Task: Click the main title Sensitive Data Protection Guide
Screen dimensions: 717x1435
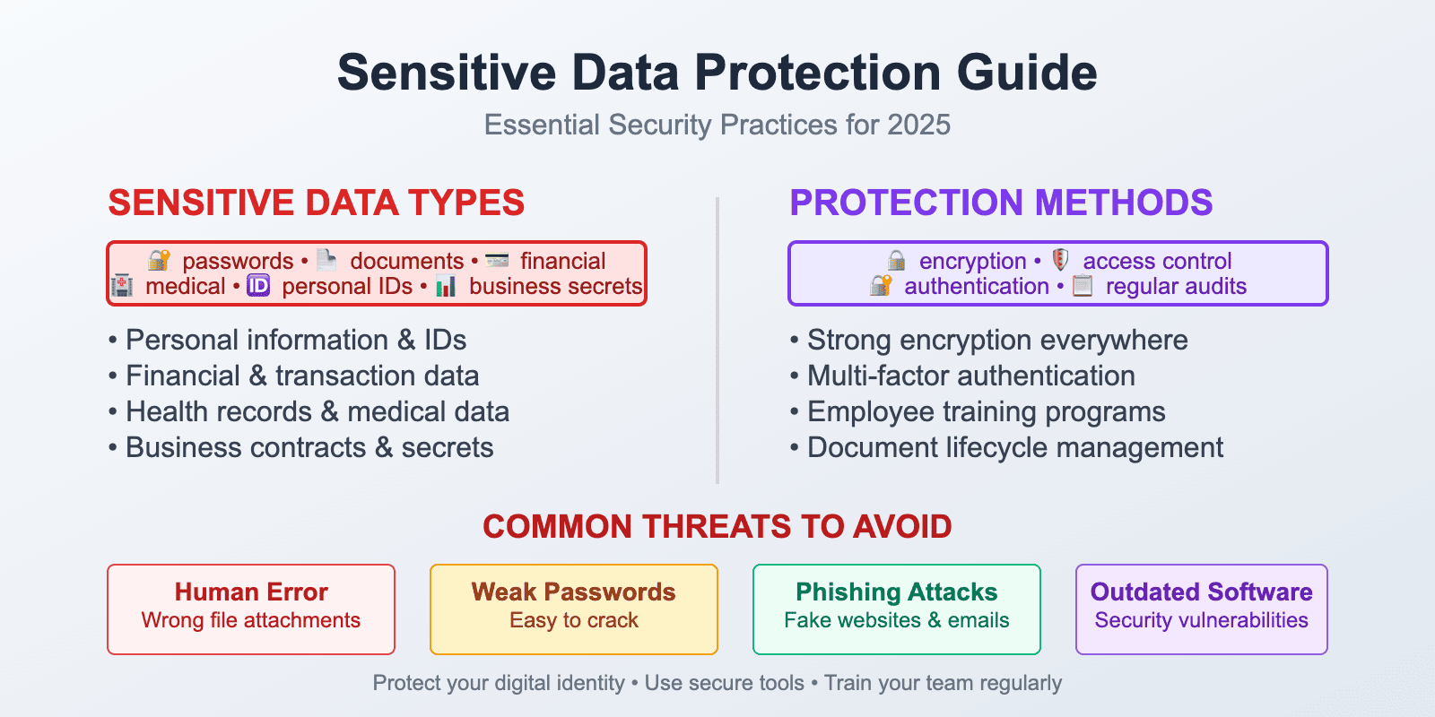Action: tap(717, 73)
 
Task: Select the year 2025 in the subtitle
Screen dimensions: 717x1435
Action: tap(918, 125)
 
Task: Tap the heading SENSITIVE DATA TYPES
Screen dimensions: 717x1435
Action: tap(316, 203)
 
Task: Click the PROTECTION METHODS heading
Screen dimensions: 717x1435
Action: tap(1000, 203)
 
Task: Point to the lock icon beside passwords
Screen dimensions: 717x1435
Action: tap(160, 261)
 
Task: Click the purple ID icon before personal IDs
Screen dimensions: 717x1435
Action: tap(258, 286)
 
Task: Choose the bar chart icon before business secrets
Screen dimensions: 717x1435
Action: tap(446, 287)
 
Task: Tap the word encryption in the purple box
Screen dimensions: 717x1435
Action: tap(972, 261)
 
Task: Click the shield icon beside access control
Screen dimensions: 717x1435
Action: tap(1060, 260)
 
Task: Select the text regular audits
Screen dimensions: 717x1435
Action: tap(1176, 286)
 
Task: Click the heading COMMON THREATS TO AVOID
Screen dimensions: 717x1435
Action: tap(717, 526)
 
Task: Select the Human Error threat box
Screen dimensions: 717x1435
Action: tap(251, 609)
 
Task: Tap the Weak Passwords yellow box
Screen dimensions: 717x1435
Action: tap(574, 609)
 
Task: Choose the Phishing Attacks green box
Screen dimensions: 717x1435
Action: tap(897, 609)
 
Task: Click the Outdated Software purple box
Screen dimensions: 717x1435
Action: tap(1201, 609)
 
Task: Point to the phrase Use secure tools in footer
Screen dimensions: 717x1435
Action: tap(724, 683)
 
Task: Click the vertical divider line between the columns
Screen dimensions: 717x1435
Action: tap(717, 341)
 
